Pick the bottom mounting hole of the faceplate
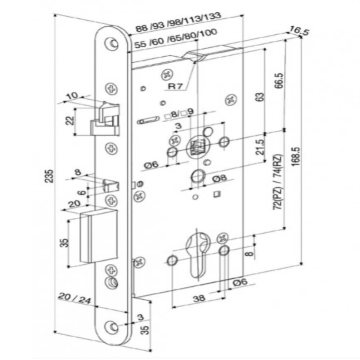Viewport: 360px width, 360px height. tap(112, 326)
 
